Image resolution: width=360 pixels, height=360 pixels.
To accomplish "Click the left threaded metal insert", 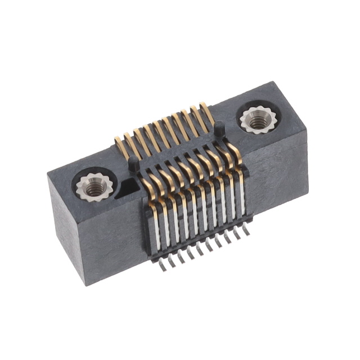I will (x=91, y=186).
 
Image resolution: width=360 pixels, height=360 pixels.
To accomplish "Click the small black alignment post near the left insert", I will (x=133, y=164).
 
